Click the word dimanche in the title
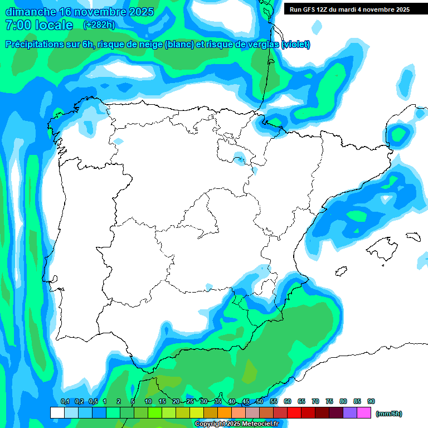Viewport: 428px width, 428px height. pos(30,12)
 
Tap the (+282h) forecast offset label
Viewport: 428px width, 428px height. pos(99,25)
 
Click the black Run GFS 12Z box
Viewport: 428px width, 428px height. pos(349,9)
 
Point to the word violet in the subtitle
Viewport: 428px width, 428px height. pos(295,45)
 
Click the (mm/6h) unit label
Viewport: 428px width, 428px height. pos(389,414)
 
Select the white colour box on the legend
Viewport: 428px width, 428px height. pos(57,413)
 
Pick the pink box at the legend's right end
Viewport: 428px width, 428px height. pos(364,413)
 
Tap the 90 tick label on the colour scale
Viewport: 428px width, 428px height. pos(371,401)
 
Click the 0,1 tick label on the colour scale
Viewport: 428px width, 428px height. pos(65,401)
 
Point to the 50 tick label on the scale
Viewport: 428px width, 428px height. pos(260,401)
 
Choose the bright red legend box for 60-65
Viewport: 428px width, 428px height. pos(294,413)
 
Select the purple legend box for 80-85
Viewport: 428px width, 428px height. pos(350,413)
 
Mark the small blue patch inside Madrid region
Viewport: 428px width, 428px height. pos(208,288)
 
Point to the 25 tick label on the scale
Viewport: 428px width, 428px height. pos(190,401)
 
